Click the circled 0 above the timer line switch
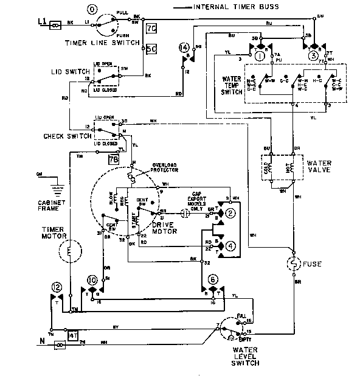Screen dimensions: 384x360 (92, 10)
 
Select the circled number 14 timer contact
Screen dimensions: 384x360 (182, 47)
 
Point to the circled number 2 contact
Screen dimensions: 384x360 (231, 213)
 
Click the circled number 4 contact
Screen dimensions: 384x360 (231, 246)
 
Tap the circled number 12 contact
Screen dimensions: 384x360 (57, 286)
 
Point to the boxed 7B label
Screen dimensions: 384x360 (112, 160)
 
